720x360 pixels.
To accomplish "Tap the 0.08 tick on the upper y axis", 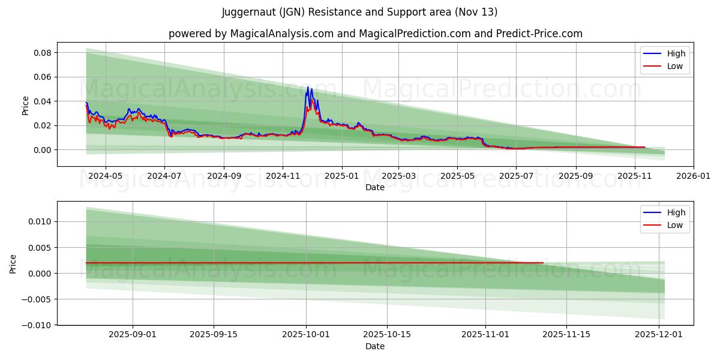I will (x=42, y=53).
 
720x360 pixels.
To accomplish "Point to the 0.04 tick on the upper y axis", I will (x=42, y=101).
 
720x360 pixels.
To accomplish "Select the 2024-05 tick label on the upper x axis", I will (x=106, y=176).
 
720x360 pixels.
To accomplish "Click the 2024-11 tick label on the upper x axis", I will (x=283, y=176).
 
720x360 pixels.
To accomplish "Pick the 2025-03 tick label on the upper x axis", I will (x=400, y=176).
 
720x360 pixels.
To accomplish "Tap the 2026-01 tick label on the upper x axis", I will (x=694, y=176).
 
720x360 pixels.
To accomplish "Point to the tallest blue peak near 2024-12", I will (x=308, y=88).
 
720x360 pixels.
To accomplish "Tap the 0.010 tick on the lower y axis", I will (x=40, y=222).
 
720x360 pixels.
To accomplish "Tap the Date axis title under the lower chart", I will (x=375, y=346).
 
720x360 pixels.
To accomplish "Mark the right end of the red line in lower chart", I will (x=543, y=263).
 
